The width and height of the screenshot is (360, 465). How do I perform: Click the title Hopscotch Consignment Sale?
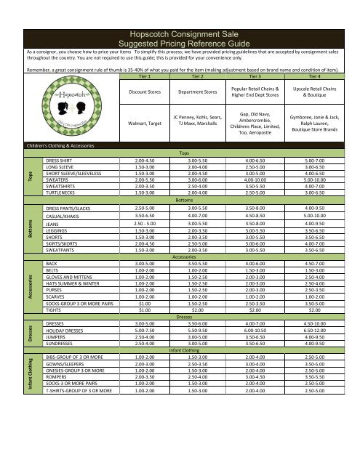[x=179, y=33]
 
